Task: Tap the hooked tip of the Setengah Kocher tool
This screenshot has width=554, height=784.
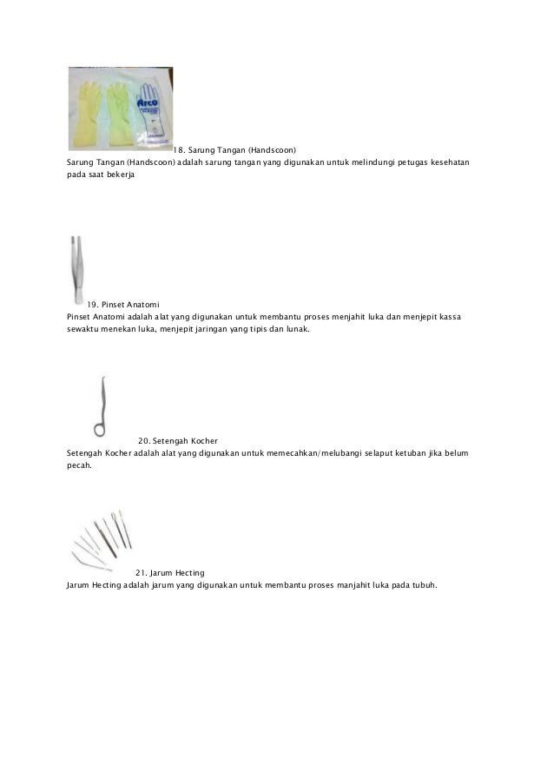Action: [104, 381]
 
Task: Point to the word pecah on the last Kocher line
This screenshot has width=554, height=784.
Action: [77, 465]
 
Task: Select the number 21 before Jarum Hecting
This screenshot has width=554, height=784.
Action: [140, 572]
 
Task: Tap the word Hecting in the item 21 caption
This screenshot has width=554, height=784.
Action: [188, 572]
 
